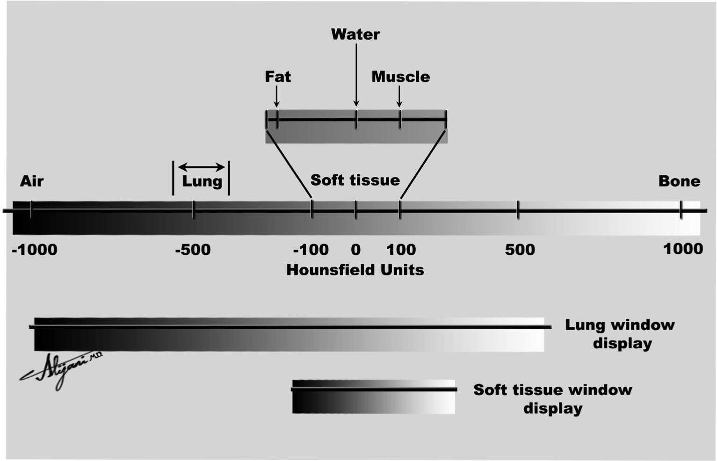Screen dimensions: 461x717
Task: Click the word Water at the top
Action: click(x=355, y=34)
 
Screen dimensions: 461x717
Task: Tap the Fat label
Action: click(x=278, y=77)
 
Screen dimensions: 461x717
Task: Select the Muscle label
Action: click(x=400, y=77)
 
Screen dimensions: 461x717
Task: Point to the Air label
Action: click(x=32, y=181)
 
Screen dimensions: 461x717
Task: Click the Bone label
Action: click(x=679, y=181)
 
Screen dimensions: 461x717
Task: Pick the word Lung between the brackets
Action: click(x=202, y=181)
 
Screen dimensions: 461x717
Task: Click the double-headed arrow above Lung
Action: click(x=202, y=167)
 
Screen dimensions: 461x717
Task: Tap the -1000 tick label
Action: click(x=35, y=250)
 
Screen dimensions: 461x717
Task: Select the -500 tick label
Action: click(x=193, y=250)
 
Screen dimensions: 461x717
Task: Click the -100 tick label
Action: click(x=311, y=250)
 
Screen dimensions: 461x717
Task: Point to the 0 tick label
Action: click(x=355, y=250)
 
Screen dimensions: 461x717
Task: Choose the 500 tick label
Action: click(x=520, y=250)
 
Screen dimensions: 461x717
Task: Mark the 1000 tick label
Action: click(x=683, y=249)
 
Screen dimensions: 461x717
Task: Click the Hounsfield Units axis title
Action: click(x=355, y=270)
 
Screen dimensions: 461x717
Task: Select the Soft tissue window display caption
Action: click(x=553, y=399)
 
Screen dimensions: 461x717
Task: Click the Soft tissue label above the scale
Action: click(x=355, y=180)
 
